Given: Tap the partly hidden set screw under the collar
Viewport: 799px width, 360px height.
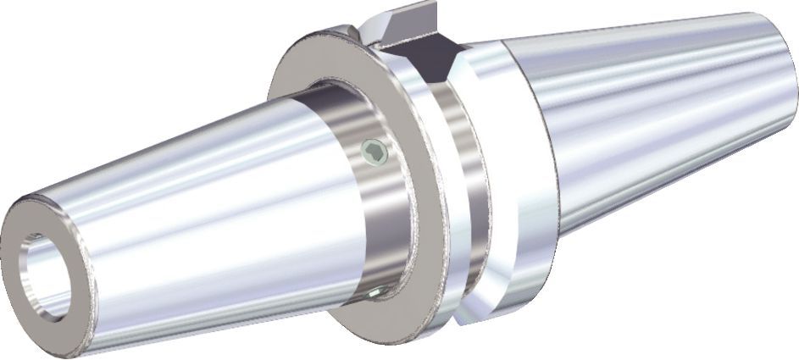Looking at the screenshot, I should [x=376, y=291].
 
